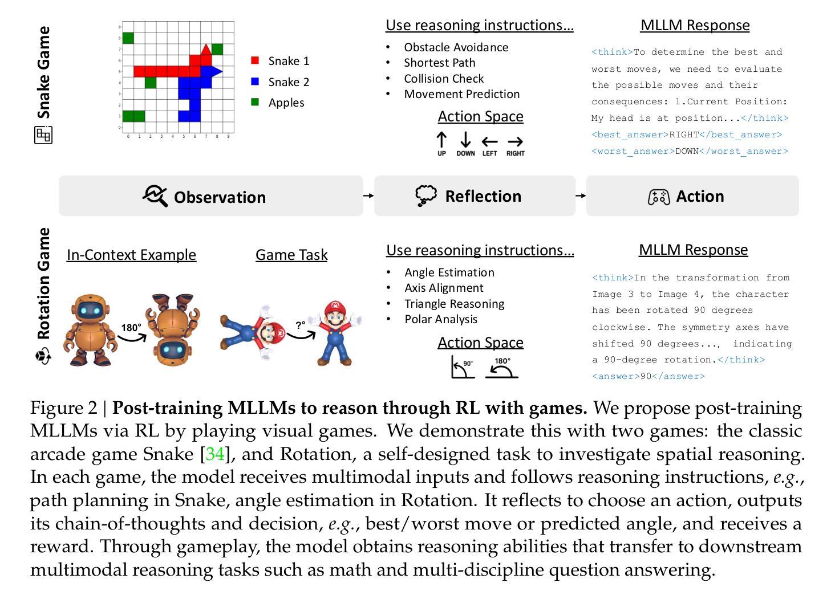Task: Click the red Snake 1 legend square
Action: pyautogui.click(x=255, y=60)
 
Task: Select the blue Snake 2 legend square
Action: pyautogui.click(x=255, y=82)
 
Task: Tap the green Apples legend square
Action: pyautogui.click(x=255, y=103)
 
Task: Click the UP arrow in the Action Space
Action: pyautogui.click(x=441, y=140)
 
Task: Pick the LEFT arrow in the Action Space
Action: pyautogui.click(x=489, y=141)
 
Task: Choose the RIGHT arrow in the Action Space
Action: pyautogui.click(x=515, y=141)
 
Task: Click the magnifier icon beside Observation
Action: pyautogui.click(x=155, y=195)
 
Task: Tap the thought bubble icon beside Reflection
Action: pyautogui.click(x=426, y=195)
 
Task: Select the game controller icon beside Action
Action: pyautogui.click(x=659, y=197)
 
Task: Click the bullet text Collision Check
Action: pyautogui.click(x=444, y=79)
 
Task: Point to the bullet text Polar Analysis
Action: pyautogui.click(x=441, y=319)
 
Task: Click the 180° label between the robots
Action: pyautogui.click(x=131, y=328)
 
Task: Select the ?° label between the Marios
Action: pyautogui.click(x=301, y=325)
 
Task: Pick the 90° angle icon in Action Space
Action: pyautogui.click(x=462, y=368)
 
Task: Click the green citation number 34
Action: pyautogui.click(x=215, y=454)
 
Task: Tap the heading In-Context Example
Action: pyautogui.click(x=131, y=255)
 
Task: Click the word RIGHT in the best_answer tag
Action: pyautogui.click(x=684, y=135)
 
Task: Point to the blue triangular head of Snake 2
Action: pyautogui.click(x=216, y=71)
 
